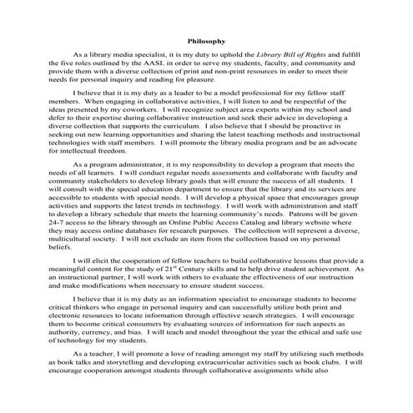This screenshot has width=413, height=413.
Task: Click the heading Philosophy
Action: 206,39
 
